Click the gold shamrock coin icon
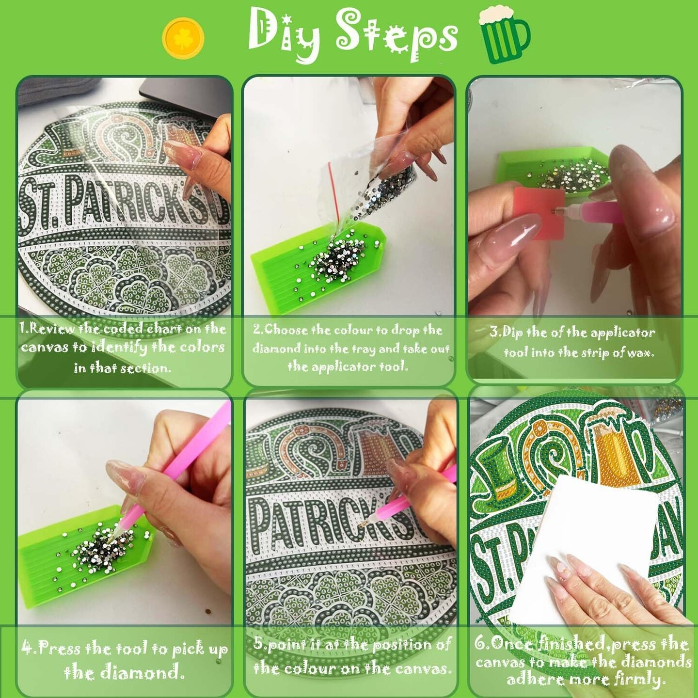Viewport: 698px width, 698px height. click(x=183, y=37)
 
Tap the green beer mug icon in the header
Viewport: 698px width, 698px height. click(x=504, y=34)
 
